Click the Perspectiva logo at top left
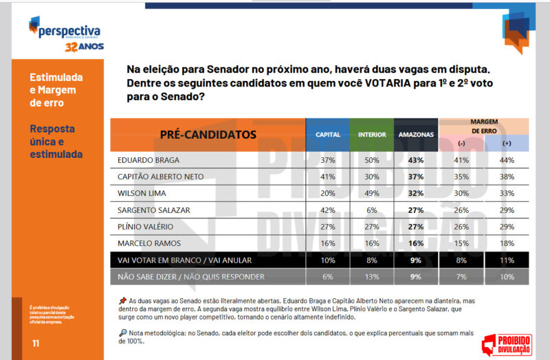point(65,30)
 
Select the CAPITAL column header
point(327,134)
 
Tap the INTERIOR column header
point(371,134)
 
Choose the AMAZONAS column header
point(415,134)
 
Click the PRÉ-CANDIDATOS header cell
point(208,134)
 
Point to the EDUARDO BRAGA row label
point(148,159)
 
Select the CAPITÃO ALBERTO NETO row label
point(161,177)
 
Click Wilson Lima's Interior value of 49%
point(371,194)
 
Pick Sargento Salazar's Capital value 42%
point(327,210)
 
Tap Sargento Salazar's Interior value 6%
point(371,210)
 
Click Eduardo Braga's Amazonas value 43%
point(415,159)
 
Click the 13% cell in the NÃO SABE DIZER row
point(371,277)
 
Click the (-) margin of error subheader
point(461,143)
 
